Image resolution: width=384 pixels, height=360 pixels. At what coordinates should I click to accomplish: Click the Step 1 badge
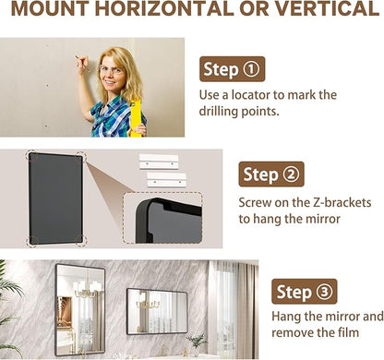232,69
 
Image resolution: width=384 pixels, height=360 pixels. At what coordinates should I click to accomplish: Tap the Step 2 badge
271,174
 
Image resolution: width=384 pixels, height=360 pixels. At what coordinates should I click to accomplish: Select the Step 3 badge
305,292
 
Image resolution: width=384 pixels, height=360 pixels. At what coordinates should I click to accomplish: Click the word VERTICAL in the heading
327,8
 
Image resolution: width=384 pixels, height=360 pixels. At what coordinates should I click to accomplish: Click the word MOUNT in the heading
50,8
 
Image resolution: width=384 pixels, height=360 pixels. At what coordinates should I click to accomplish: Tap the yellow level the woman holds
136,118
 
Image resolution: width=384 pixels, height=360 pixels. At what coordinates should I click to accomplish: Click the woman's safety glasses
112,70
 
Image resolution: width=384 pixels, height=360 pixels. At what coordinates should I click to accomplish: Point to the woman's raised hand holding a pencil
82,66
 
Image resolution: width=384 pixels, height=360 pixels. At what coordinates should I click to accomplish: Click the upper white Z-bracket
159,162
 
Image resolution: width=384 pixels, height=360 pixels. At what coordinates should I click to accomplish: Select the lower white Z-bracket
166,180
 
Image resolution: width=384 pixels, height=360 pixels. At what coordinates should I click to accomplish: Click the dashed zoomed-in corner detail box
162,218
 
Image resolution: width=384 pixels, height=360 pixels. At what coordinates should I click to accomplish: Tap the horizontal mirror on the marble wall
157,311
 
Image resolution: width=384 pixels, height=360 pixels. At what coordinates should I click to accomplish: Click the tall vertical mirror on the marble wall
80,310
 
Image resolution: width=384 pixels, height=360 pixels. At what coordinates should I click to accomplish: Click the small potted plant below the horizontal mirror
197,344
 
